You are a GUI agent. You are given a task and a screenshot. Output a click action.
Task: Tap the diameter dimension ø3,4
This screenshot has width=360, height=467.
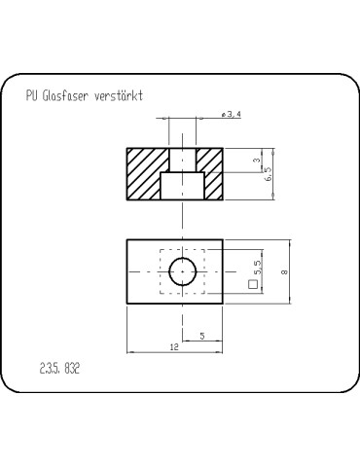[232, 116]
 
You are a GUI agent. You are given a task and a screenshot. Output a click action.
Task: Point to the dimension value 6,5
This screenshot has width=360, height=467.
[269, 174]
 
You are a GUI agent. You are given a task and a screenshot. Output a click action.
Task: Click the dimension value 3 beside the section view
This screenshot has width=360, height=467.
[255, 161]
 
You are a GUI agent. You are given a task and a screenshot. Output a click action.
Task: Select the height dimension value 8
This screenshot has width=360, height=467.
[283, 273]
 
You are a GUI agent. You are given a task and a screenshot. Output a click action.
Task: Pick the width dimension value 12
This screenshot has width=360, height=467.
[173, 346]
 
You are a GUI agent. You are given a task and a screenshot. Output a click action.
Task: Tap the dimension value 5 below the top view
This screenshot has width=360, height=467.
[201, 335]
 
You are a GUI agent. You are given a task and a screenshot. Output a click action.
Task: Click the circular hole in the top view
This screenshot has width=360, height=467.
[183, 272]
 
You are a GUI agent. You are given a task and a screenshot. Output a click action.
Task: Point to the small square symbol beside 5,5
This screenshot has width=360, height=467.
[257, 287]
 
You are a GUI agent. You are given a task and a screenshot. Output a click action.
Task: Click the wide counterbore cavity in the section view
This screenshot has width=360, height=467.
[183, 185]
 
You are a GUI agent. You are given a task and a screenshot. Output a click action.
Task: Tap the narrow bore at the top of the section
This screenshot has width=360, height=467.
[183, 160]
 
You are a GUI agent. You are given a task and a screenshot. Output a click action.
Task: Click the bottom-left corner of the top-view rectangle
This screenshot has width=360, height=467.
[126, 305]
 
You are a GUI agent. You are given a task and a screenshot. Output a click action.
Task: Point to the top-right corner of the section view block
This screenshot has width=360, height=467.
[223, 148]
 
